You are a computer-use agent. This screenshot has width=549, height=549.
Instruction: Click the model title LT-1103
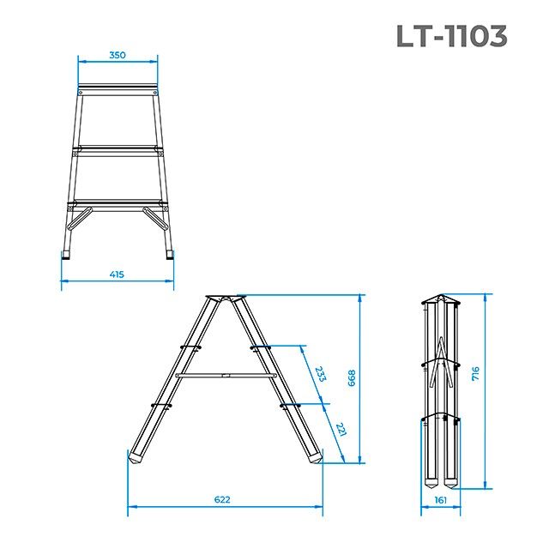click(x=451, y=36)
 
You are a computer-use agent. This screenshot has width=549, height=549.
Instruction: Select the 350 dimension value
click(x=118, y=55)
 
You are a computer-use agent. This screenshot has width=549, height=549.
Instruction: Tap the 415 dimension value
click(x=117, y=274)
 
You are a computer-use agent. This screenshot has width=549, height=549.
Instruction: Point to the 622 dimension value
click(x=222, y=499)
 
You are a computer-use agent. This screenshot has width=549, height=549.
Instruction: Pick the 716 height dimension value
click(x=475, y=374)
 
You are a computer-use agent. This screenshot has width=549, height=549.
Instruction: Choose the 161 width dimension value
click(x=441, y=499)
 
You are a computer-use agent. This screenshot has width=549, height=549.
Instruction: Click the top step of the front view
click(x=118, y=89)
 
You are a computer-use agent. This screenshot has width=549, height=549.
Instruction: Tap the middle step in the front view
click(x=118, y=150)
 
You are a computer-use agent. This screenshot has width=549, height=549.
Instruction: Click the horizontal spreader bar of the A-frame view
click(x=225, y=375)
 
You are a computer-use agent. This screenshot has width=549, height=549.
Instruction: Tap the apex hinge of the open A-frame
click(x=226, y=299)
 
